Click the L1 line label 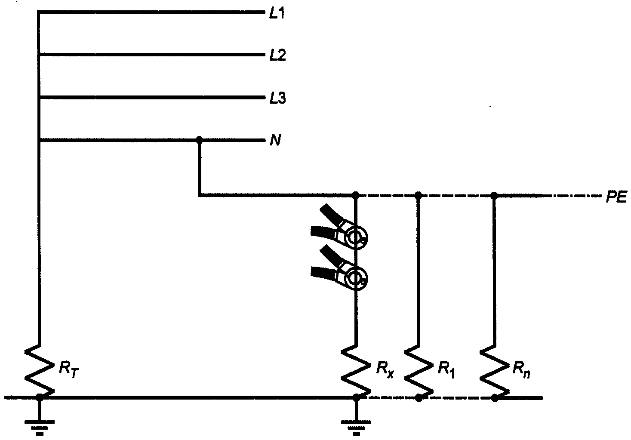(x=277, y=14)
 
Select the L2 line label (x=277, y=55)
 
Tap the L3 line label (x=277, y=99)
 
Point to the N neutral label (x=275, y=141)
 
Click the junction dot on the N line (x=199, y=139)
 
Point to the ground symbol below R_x (x=356, y=426)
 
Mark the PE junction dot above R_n (x=494, y=196)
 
